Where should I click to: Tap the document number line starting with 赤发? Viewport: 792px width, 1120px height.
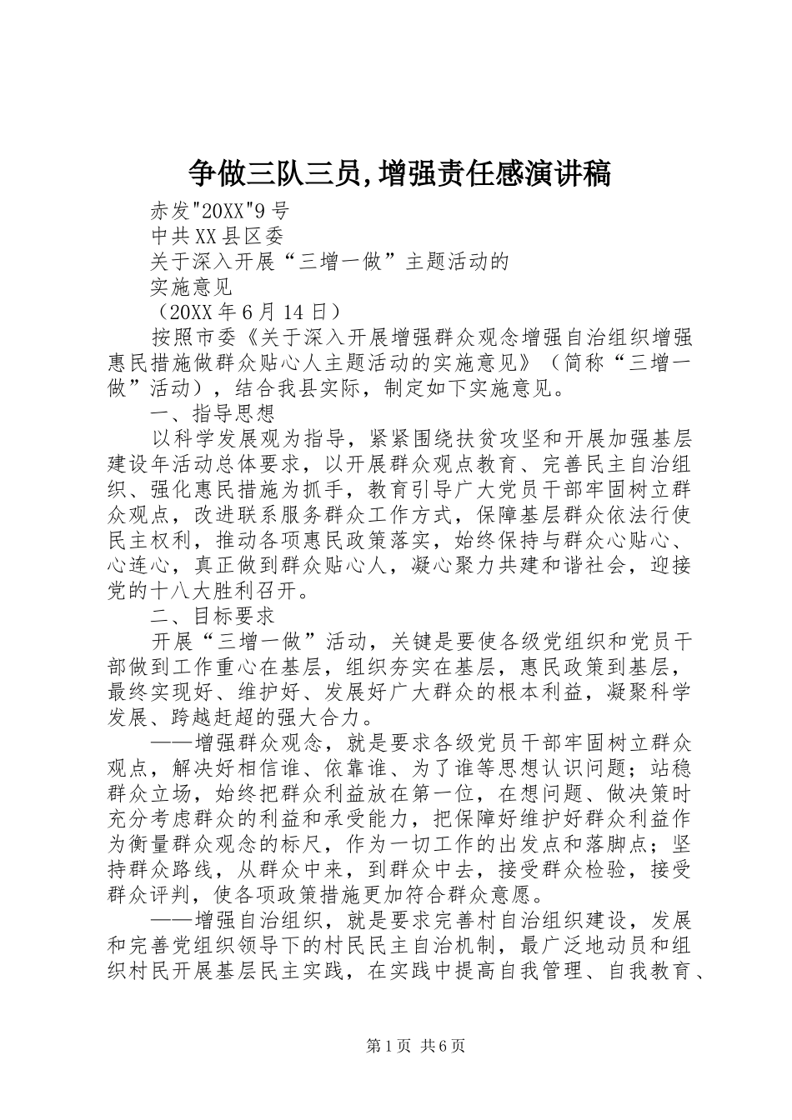[x=220, y=210]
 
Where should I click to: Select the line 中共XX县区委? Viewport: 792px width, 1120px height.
[x=218, y=236]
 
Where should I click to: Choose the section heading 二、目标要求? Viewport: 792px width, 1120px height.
[x=213, y=617]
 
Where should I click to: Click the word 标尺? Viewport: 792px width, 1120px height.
[x=364, y=845]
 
